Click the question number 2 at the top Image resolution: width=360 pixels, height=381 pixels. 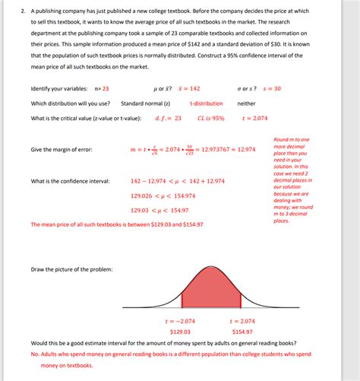click(x=23, y=11)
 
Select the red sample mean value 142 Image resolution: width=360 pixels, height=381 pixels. click(x=190, y=89)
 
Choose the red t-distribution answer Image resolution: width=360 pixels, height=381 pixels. click(x=207, y=103)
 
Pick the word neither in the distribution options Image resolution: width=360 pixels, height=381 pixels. click(x=246, y=103)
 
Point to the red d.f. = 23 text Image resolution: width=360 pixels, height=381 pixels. click(x=168, y=119)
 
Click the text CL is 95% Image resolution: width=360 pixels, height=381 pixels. click(x=211, y=119)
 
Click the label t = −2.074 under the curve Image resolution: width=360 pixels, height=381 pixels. click(x=180, y=322)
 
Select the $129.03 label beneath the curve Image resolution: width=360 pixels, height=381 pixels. click(x=180, y=332)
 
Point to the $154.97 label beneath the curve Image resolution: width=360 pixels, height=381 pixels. click(x=242, y=332)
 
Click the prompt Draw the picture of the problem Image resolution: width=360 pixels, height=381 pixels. click(x=71, y=270)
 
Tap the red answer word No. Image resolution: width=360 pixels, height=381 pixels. click(x=35, y=354)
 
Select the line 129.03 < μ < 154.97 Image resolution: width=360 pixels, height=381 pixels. click(x=159, y=210)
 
